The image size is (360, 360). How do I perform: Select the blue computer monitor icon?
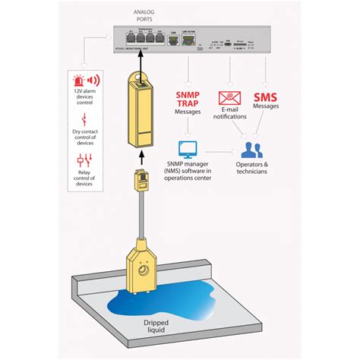click(187, 149)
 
